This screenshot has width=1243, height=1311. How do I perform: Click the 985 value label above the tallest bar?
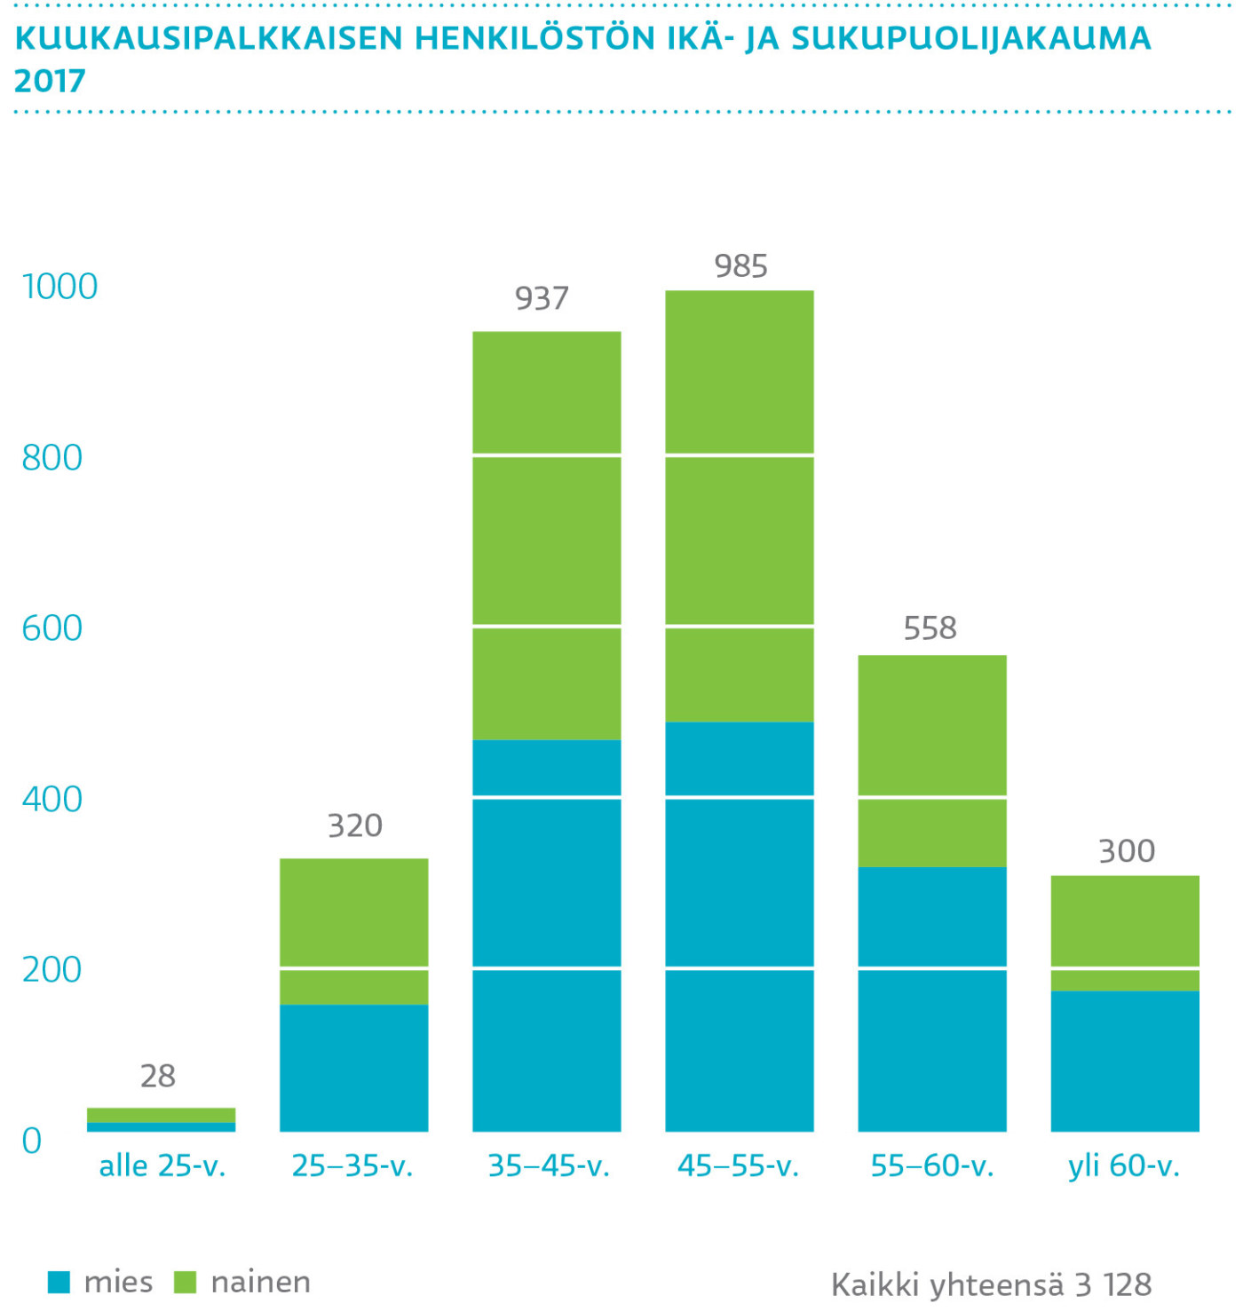pos(740,265)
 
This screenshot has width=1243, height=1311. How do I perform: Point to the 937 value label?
pos(542,298)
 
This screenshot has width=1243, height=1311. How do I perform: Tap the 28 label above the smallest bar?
pos(158,1076)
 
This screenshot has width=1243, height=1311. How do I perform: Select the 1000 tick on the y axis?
pos(59,287)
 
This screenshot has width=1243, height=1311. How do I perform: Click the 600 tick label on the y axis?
pos(51,628)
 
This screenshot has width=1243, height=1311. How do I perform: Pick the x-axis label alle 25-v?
pos(162,1165)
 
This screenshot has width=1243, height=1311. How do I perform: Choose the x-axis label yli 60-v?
pos(1124,1165)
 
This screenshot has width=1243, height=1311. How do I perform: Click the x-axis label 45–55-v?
pos(739,1165)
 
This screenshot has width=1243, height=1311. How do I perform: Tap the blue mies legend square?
pos(59,1282)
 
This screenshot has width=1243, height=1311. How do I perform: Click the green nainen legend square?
pos(185,1282)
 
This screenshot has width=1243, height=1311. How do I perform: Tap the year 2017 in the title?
pos(50,81)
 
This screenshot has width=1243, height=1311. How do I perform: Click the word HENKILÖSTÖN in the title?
pos(533,38)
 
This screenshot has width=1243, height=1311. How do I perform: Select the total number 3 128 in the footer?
pos(1113,1284)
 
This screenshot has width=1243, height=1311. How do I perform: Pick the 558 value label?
pos(930,628)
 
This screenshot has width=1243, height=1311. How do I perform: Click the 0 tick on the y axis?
pos(32,1141)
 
